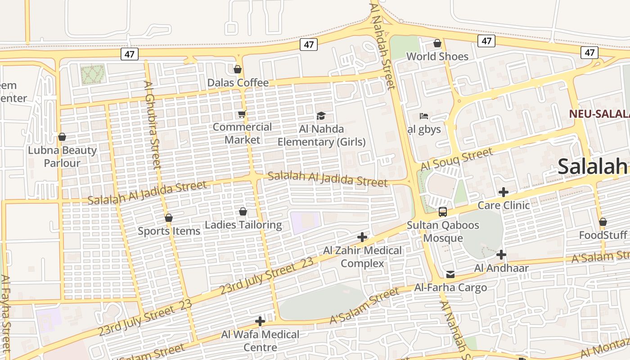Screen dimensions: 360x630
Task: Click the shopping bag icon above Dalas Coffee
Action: click(x=237, y=69)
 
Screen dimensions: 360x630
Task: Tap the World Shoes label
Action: click(x=437, y=56)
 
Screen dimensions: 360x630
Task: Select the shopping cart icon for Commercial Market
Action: click(x=242, y=114)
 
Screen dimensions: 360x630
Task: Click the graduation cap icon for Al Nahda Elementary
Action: click(x=321, y=116)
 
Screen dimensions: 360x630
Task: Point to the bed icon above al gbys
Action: click(x=424, y=116)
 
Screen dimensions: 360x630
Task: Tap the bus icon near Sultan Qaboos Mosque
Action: click(x=443, y=212)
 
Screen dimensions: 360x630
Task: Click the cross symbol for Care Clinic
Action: click(x=504, y=193)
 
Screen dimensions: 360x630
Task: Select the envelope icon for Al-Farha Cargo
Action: click(x=450, y=274)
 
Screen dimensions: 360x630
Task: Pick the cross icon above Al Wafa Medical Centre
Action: click(x=260, y=321)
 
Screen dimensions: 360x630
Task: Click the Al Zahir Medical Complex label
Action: click(x=362, y=256)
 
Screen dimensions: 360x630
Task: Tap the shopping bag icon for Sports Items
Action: click(x=169, y=218)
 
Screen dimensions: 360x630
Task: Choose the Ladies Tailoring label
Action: click(x=243, y=225)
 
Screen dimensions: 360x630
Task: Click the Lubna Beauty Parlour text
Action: click(x=62, y=156)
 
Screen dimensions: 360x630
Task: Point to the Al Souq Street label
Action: click(x=456, y=160)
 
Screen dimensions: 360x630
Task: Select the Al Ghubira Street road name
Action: click(x=152, y=125)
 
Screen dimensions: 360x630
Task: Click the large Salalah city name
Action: click(x=593, y=166)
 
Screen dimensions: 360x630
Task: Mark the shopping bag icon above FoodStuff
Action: click(x=603, y=222)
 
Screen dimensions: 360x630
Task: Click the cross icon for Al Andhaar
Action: click(x=501, y=255)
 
